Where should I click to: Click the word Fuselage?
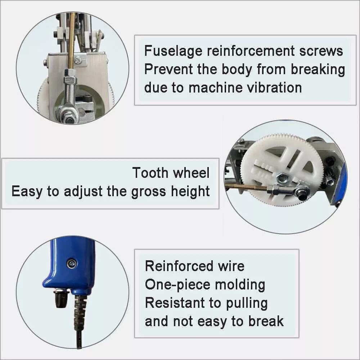point(173,51)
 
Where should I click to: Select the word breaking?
point(318,69)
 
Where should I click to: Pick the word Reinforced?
point(179,266)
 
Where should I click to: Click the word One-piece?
point(177,285)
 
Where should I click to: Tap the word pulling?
point(247,303)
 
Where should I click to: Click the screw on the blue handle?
point(72,264)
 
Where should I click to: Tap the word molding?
point(240,285)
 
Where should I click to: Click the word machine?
point(216,88)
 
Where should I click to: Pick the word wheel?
point(191,173)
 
